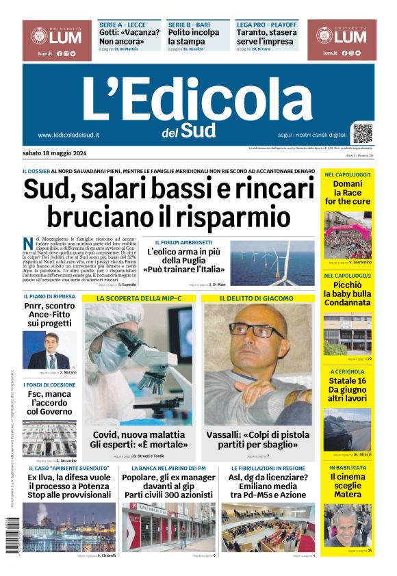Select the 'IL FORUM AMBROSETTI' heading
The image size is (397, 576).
click(183, 242)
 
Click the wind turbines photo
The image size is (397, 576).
click(272, 263)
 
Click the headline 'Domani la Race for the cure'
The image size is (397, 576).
click(348, 193)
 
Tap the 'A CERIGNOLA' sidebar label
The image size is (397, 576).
click(348, 371)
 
